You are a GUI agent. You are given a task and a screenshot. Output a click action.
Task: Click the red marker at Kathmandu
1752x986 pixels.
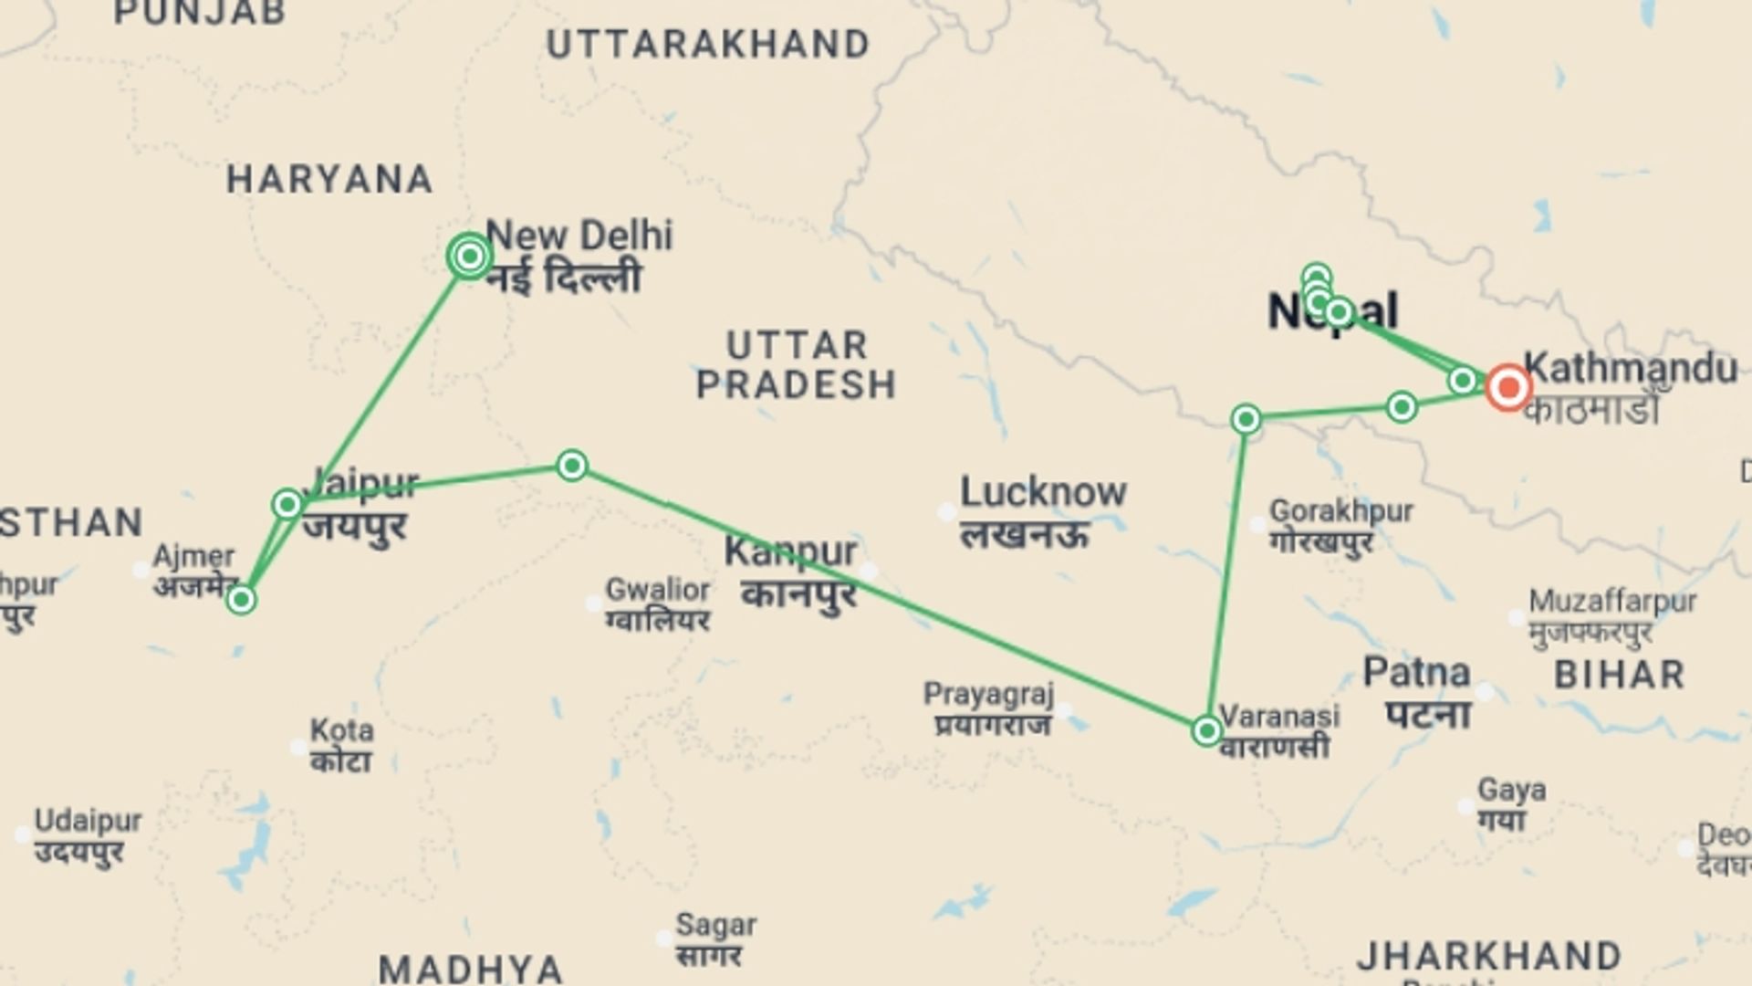click(x=1507, y=388)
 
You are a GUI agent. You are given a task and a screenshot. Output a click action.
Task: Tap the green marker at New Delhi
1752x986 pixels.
click(x=470, y=257)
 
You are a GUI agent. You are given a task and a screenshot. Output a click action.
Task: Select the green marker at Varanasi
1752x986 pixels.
click(x=1206, y=730)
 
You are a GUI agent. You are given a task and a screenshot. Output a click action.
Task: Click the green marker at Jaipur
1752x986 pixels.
click(x=287, y=504)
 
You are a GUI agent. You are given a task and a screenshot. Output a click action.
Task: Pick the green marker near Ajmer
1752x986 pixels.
click(x=241, y=600)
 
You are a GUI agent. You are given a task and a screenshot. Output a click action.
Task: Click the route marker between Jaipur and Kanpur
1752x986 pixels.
click(x=571, y=466)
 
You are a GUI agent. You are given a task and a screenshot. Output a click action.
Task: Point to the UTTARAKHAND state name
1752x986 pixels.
click(x=708, y=45)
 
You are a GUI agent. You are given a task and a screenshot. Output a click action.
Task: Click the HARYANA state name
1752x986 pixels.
click(x=329, y=179)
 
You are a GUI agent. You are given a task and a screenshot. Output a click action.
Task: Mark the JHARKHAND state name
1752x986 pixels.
click(x=1489, y=956)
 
